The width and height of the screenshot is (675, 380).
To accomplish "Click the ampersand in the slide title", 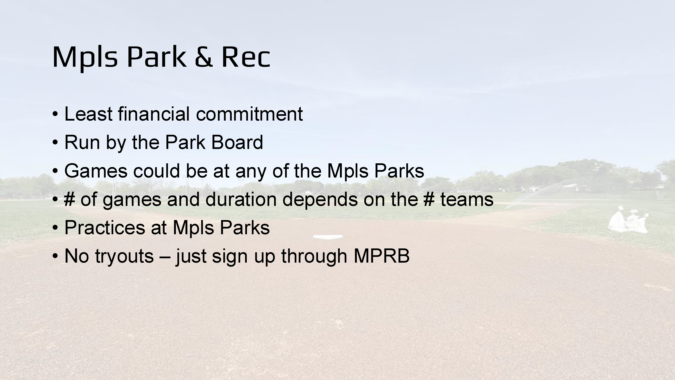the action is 203,57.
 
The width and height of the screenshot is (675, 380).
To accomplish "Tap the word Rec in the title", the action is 246,57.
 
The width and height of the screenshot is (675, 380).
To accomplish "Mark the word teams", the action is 467,199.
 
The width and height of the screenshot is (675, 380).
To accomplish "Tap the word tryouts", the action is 124,256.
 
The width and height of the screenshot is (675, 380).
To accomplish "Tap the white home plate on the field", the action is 328,237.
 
